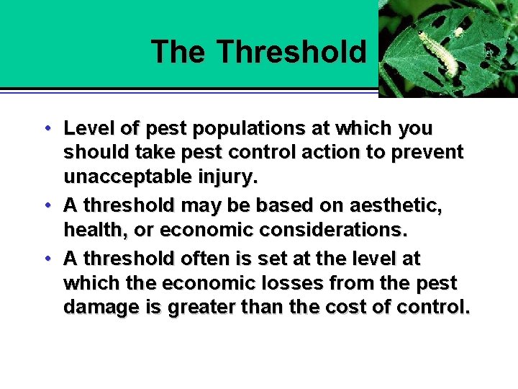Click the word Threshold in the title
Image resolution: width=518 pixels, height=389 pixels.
[x=291, y=52]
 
